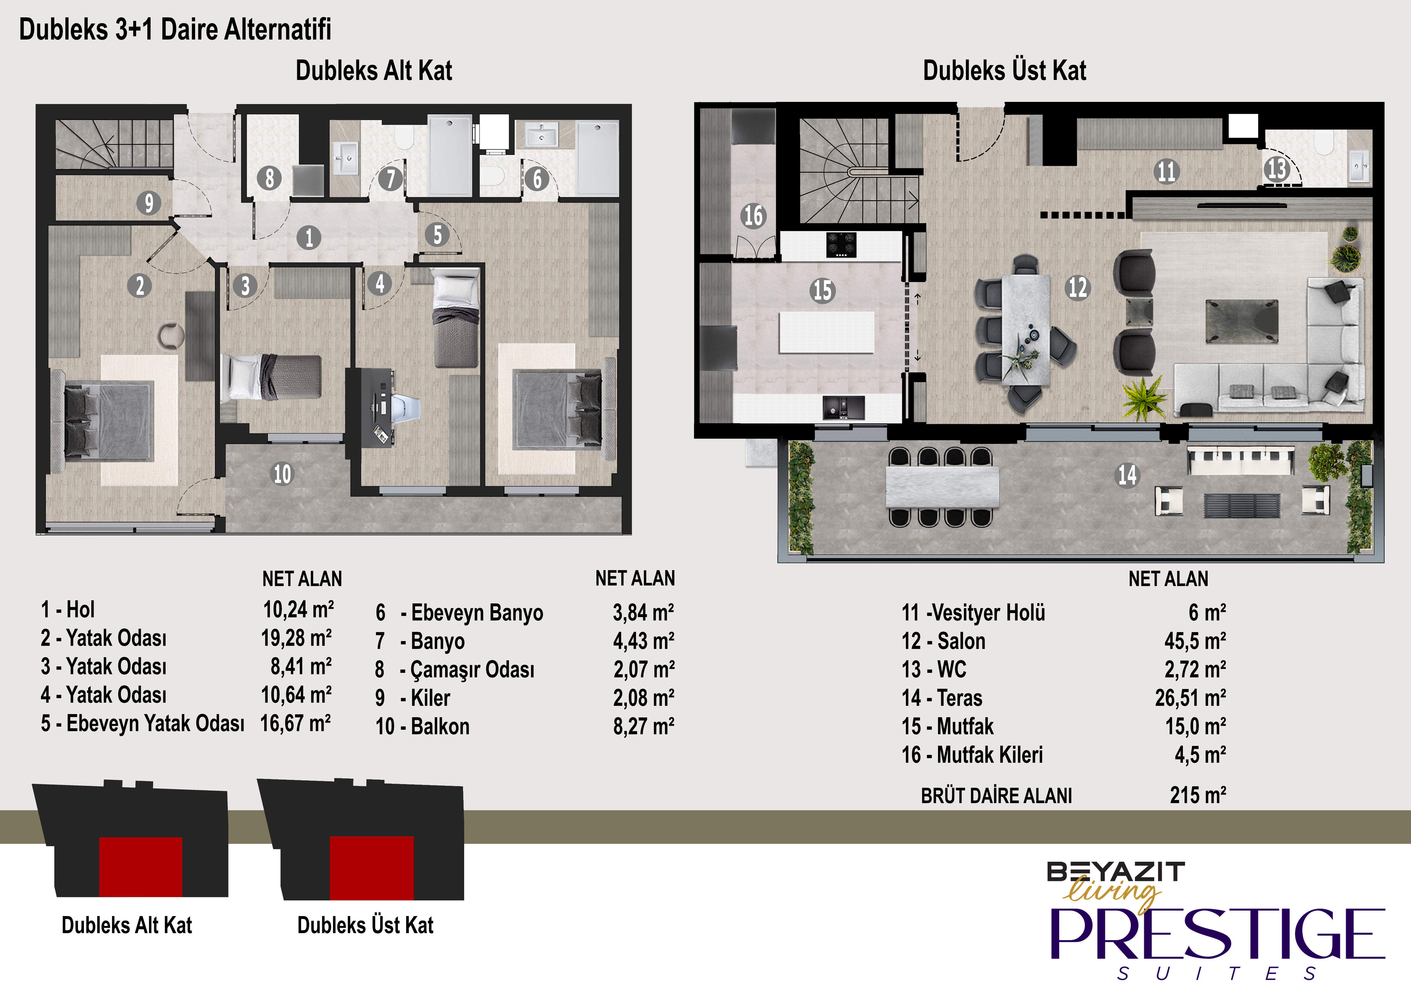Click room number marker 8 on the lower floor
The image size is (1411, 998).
pos(269,178)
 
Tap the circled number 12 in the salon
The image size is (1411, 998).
pos(1077,287)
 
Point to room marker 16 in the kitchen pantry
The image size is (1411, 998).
pos(753,216)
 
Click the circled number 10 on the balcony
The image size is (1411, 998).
pos(282,474)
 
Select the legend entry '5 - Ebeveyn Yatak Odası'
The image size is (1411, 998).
pos(142,723)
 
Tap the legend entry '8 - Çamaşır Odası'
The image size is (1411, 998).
pos(455,669)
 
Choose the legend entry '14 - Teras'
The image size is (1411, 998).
pos(941,698)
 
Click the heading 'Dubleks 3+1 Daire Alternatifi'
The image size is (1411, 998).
pos(175,30)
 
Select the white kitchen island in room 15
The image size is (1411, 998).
pos(827,332)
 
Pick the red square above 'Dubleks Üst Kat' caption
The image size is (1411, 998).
pos(372,868)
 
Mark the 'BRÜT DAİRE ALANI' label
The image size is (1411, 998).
pos(996,796)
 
